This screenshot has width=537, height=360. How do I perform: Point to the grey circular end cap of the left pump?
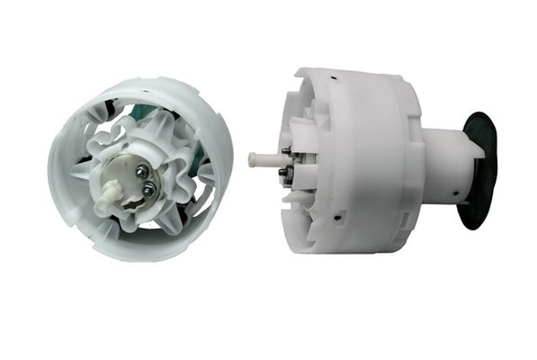tap(130, 179)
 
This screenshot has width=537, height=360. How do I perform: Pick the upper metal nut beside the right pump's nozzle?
tap(286, 151)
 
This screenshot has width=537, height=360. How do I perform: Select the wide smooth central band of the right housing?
tap(360, 162)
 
